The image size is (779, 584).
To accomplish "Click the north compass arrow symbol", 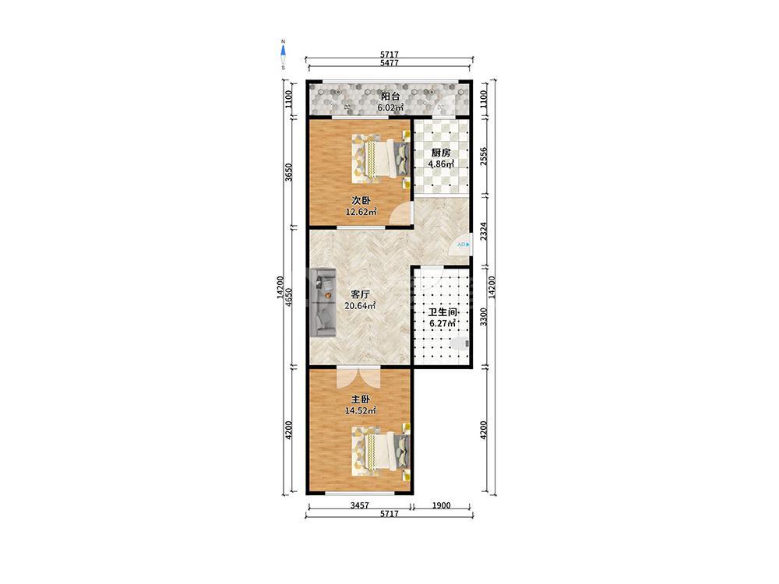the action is (x=284, y=51).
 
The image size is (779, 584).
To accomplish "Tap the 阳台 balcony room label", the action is (x=390, y=97).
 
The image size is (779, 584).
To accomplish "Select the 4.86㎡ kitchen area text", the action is (x=442, y=164).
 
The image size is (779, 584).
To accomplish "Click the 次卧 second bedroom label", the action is (x=361, y=201).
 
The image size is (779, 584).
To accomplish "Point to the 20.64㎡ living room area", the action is (x=360, y=306).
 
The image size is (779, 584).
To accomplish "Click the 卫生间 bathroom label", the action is (x=442, y=312).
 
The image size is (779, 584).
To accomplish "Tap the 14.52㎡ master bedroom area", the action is (x=360, y=410).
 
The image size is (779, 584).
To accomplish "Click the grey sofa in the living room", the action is (x=322, y=302).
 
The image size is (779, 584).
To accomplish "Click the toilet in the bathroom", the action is (x=460, y=343).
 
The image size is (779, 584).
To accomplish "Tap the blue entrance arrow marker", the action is (x=468, y=245).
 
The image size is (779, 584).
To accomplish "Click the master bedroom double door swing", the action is (x=358, y=378).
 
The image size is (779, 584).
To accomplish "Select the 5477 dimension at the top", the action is (x=389, y=63).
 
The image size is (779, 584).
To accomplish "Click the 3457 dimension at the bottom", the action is (x=360, y=505).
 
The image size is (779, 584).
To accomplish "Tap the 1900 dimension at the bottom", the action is (x=441, y=505).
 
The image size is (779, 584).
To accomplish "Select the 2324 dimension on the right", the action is (x=484, y=231).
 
